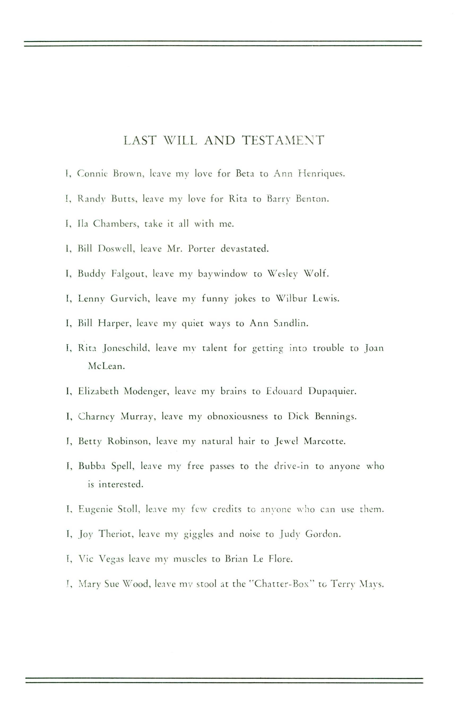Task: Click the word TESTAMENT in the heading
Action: coord(283,140)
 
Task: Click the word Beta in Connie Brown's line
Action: coord(245,174)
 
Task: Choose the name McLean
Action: coord(106,366)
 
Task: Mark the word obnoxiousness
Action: coord(237,417)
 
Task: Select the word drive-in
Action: coord(291,466)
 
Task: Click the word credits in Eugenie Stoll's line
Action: coord(227,510)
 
